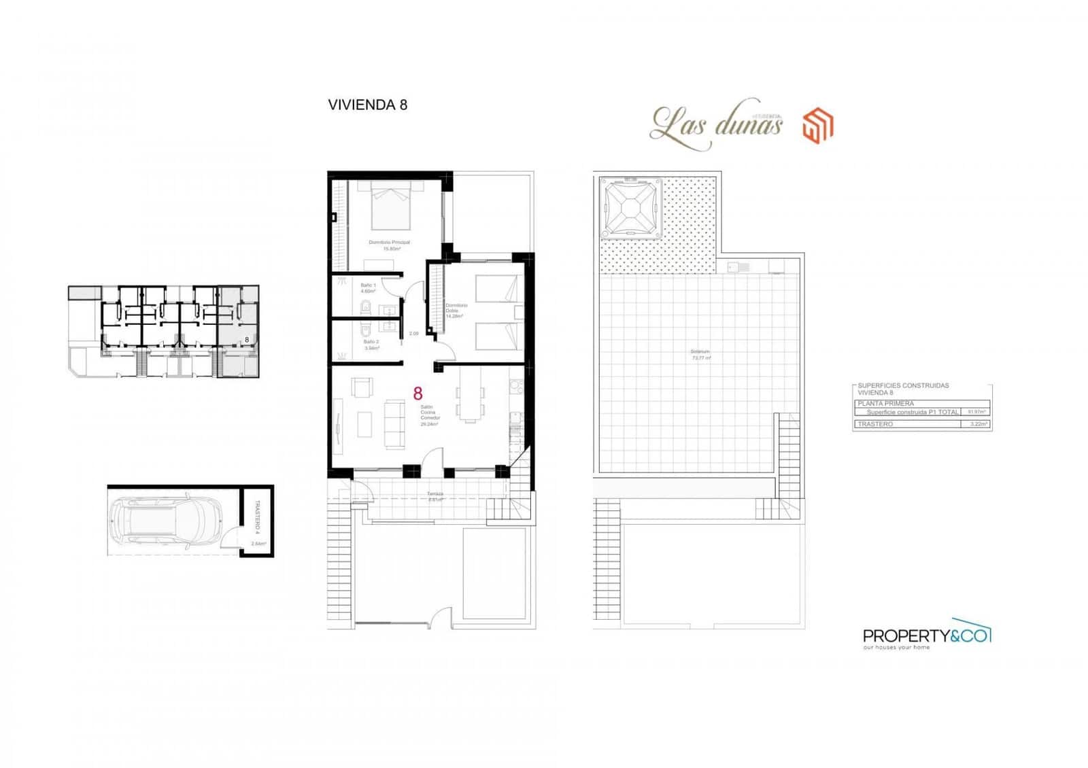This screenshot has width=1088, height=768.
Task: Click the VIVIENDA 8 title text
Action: click(367, 105)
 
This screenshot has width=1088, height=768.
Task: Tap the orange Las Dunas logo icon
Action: click(817, 126)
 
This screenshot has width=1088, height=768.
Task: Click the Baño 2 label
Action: click(371, 345)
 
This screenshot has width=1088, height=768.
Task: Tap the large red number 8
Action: click(418, 394)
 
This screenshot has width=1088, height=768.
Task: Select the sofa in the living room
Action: click(394, 424)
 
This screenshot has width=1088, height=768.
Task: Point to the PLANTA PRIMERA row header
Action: click(886, 404)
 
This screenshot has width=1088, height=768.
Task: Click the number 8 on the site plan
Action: click(247, 338)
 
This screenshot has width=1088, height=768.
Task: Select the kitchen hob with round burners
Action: click(515, 387)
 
